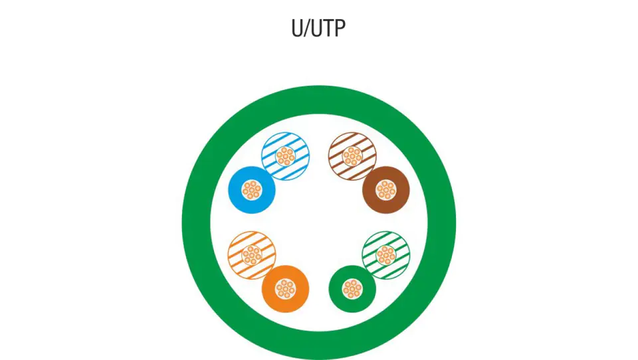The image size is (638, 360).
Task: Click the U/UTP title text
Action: point(318,28)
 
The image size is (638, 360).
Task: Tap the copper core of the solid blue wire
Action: point(252,190)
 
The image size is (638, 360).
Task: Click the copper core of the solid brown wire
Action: point(385,190)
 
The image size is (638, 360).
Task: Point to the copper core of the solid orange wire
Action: point(285,289)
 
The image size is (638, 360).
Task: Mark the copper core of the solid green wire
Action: point(352,289)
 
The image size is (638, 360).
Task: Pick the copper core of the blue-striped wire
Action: point(285,156)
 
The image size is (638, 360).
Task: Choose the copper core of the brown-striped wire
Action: point(352,156)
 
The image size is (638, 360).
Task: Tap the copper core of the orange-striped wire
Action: point(252,256)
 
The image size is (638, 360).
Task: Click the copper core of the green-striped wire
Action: point(385,256)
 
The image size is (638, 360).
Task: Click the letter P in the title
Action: point(340,28)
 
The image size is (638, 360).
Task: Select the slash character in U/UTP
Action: point(306,29)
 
